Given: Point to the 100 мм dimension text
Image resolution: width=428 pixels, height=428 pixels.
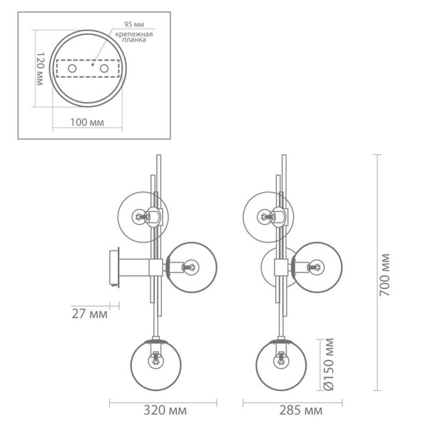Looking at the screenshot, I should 88,123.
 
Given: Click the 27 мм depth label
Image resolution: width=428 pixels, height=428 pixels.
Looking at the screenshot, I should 89,312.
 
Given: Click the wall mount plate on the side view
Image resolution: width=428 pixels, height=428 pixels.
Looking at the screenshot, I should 113,267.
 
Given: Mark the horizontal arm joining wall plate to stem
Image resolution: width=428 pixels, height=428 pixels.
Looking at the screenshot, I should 139,267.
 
